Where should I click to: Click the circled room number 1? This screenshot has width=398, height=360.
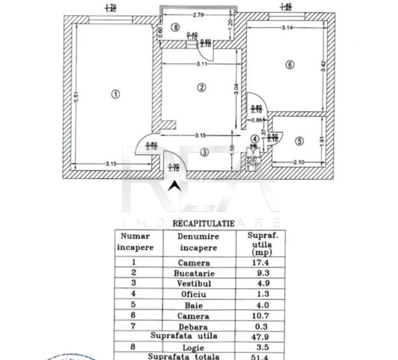point(115,94)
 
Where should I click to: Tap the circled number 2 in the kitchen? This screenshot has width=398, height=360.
point(201,87)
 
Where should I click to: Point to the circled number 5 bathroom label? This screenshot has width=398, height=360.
point(299,141)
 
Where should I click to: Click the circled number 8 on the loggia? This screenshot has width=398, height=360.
point(174,27)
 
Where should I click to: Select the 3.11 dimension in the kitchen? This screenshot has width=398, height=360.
point(202,63)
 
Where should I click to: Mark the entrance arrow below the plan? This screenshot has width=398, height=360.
point(174,186)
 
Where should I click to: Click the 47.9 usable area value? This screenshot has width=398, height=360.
point(260,337)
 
